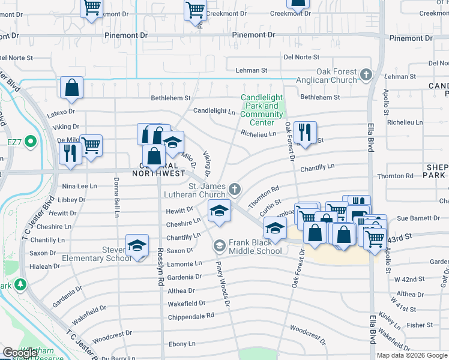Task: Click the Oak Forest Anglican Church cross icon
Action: click(x=366, y=76)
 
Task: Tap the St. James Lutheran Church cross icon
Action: click(x=235, y=190)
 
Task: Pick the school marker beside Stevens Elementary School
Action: click(x=137, y=245)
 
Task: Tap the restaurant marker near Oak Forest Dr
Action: click(x=305, y=132)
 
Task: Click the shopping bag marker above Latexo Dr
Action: click(x=71, y=88)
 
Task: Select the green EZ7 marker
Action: click(x=29, y=143)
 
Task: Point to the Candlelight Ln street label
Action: click(x=214, y=111)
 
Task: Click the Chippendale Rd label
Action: click(x=191, y=316)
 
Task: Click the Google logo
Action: click(x=20, y=353)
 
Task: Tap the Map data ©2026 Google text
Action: click(x=412, y=355)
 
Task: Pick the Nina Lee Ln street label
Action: click(x=79, y=187)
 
